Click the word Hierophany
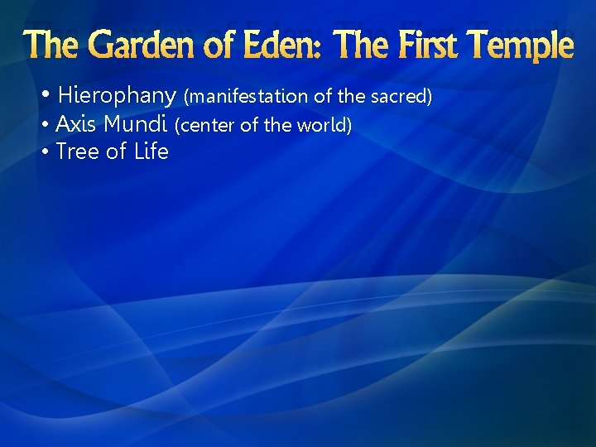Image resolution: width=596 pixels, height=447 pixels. click(x=117, y=96)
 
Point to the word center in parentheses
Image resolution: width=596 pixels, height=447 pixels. click(x=205, y=126)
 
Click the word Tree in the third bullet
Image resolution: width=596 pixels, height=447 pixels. click(x=78, y=151)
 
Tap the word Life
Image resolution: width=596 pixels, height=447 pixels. click(x=151, y=151)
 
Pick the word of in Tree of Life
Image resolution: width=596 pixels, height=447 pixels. click(x=116, y=151)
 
